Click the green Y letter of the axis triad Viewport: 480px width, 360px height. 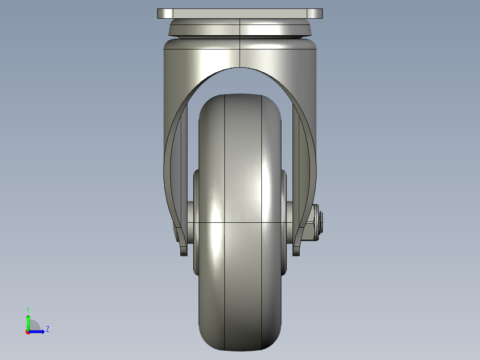28,309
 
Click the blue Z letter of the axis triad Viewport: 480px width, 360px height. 47,329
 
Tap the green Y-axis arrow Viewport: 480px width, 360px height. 28,321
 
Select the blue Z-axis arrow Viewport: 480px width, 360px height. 38,331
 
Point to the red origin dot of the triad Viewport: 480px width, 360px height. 28,332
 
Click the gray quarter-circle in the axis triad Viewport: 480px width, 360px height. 35,325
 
